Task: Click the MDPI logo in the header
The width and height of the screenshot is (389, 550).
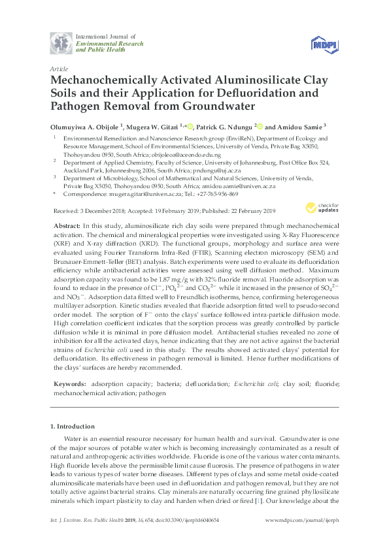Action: tap(324, 43)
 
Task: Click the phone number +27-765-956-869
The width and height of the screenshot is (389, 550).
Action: tap(214, 195)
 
